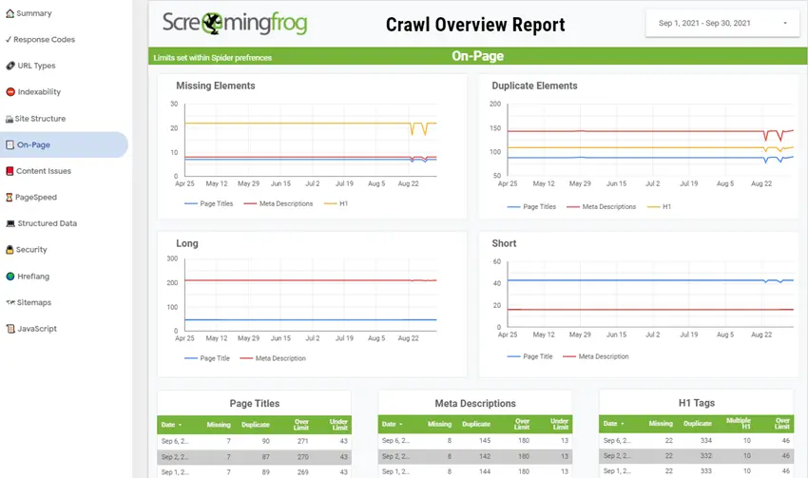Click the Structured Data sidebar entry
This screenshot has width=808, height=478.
[47, 223]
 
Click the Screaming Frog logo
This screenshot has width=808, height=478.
[235, 24]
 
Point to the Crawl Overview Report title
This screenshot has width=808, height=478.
[475, 25]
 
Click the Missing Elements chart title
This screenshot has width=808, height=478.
[216, 86]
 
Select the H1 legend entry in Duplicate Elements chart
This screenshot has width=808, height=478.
[666, 206]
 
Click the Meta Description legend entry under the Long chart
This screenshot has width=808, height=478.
[280, 358]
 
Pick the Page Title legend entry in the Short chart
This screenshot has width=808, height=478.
[537, 356]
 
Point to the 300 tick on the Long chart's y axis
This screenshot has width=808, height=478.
[172, 258]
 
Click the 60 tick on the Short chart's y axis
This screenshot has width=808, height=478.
[496, 258]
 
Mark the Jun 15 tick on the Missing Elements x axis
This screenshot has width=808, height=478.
[280, 183]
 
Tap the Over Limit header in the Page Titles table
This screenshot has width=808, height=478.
[303, 425]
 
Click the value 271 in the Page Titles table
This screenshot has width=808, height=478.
[302, 441]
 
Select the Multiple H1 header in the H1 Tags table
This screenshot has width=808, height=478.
[739, 424]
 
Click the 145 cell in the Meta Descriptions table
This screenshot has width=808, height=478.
[484, 441]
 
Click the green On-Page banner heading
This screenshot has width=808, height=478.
[477, 57]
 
